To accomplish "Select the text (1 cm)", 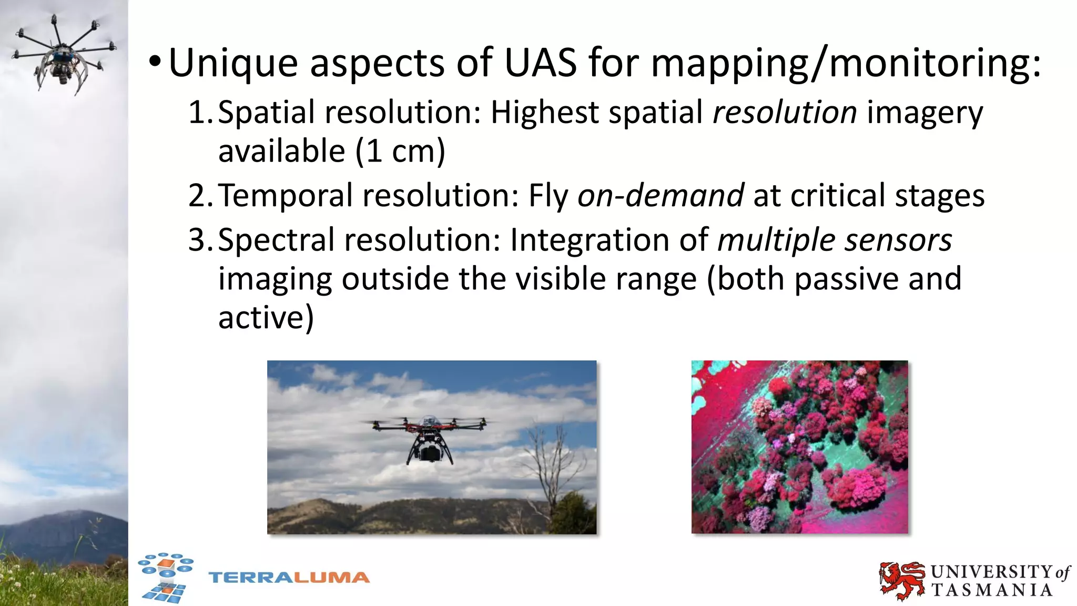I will pos(400,151).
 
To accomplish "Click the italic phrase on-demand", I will pos(661,196).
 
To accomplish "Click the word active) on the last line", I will pos(266,318).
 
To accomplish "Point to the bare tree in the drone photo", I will pos(552,463).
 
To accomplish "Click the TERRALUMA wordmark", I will pos(289,578).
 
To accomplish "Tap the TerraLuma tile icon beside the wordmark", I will pos(166,577).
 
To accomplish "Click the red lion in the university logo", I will pos(901,580).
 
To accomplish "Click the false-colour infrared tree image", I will pos(799,447).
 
